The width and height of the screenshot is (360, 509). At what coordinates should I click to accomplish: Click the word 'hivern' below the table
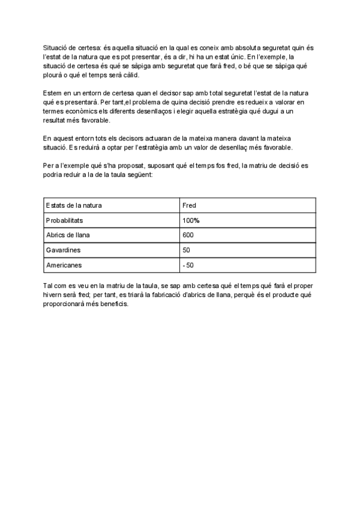53,295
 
